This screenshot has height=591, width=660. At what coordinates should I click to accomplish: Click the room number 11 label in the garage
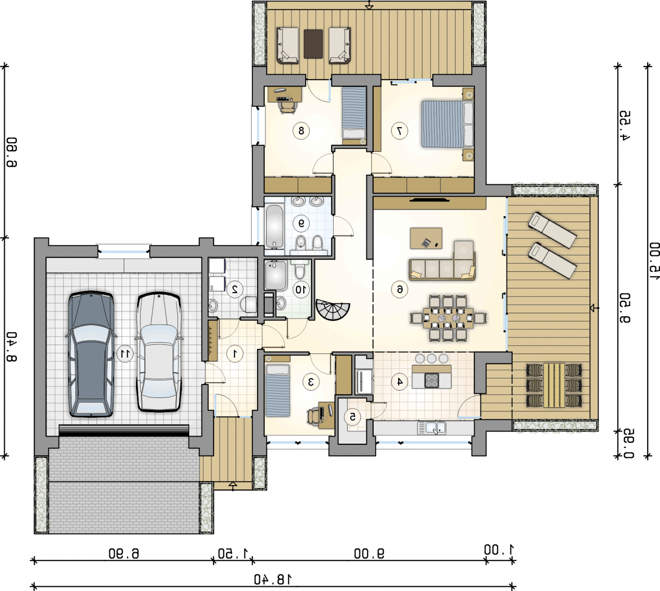[x=125, y=354]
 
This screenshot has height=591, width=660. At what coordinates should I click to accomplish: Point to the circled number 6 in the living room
[x=400, y=289]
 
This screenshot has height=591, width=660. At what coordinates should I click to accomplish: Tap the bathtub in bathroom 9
[x=275, y=226]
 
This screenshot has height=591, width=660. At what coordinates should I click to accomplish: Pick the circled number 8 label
[x=301, y=131]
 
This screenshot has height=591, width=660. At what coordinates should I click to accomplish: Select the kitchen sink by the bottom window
[x=432, y=427]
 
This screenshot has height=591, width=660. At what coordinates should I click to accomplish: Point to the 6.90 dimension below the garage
[x=124, y=553]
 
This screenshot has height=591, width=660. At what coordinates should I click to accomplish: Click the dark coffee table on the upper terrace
[x=313, y=44]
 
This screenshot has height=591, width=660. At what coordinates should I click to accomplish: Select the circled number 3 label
[x=311, y=381]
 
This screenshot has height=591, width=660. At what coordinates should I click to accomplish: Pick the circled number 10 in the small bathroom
[x=301, y=289]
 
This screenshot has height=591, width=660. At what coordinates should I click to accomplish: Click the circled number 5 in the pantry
[x=352, y=417]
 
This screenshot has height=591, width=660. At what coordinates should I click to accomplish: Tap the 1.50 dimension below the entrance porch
[x=233, y=553]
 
